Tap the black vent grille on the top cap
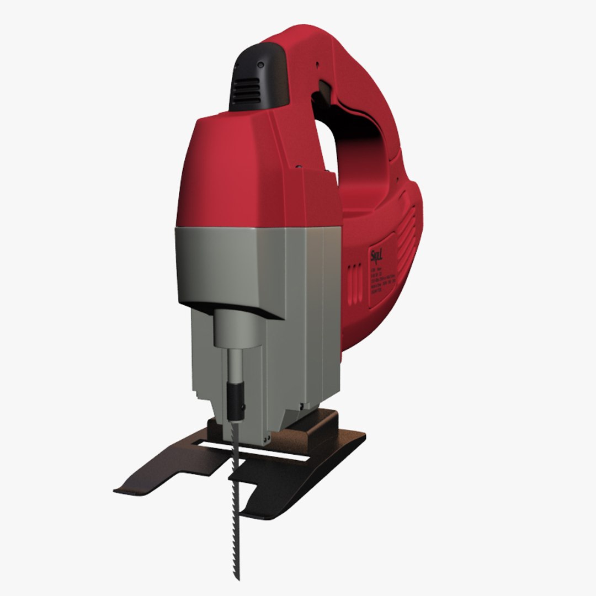[x=246, y=91]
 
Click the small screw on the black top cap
[x=260, y=66]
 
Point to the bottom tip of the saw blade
[x=238, y=577]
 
